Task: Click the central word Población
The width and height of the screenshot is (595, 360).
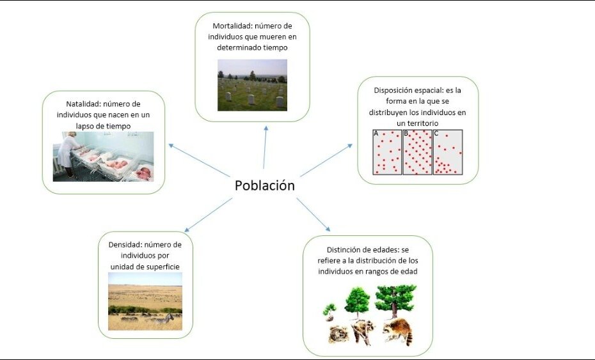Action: click(264, 185)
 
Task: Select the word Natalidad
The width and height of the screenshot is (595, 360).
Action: click(83, 104)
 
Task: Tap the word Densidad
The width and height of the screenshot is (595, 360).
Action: click(125, 245)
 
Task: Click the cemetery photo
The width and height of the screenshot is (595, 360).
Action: click(252, 85)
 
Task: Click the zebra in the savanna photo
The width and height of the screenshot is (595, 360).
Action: click(164, 318)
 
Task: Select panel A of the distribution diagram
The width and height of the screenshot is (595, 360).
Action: click(387, 152)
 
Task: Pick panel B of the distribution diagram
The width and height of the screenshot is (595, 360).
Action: click(417, 152)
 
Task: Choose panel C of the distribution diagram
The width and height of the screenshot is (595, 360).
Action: click(448, 152)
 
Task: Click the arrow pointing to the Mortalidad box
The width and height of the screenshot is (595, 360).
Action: click(265, 147)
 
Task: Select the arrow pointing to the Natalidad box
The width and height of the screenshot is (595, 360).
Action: click(199, 160)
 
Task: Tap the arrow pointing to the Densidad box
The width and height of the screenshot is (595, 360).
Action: click(209, 215)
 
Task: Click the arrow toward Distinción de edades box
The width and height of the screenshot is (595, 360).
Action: click(313, 214)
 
